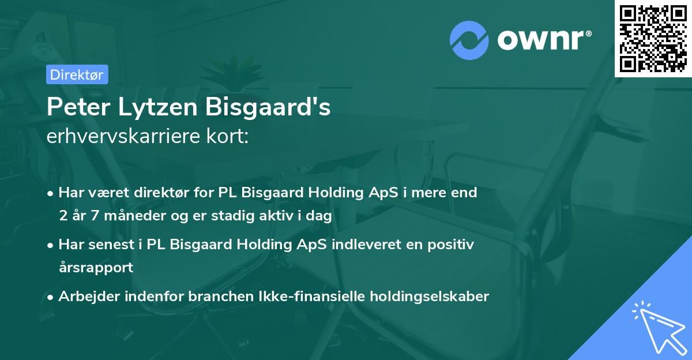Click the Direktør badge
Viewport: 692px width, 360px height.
[x=77, y=74]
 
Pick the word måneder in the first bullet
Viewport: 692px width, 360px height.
[x=132, y=216]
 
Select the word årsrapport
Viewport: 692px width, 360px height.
[x=96, y=268]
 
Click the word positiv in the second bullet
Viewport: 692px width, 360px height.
[x=453, y=245]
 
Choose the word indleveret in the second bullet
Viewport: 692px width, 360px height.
[x=364, y=245]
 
